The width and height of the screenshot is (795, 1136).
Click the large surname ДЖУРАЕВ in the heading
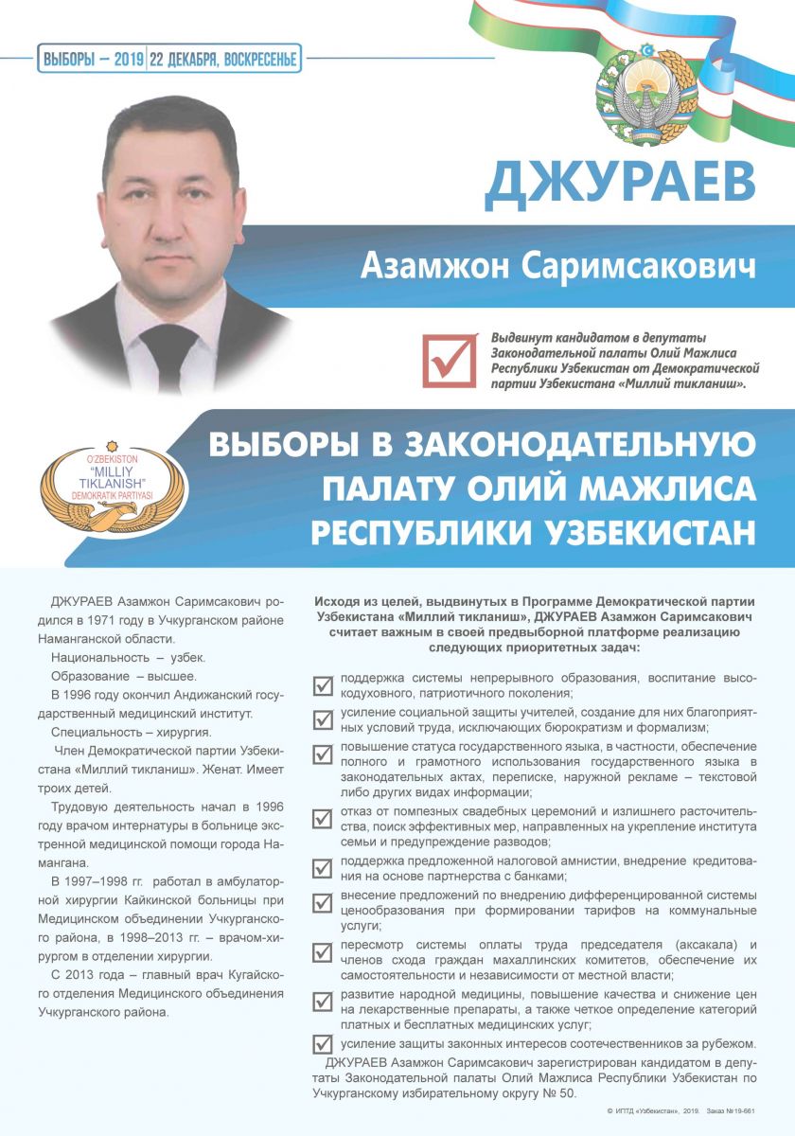[x=620, y=183]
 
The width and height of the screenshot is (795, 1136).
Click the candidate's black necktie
[x=168, y=351]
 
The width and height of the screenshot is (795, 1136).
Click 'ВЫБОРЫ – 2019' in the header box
[x=92, y=60]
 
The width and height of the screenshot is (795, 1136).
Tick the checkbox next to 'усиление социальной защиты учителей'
[x=323, y=719]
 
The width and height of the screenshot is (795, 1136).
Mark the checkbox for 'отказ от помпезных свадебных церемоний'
[x=323, y=816]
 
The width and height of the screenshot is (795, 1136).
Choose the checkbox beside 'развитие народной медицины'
[x=323, y=1000]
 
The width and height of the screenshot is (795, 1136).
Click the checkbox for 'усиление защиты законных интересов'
[x=323, y=1043]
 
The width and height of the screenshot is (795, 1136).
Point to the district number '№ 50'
[x=558, y=1092]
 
